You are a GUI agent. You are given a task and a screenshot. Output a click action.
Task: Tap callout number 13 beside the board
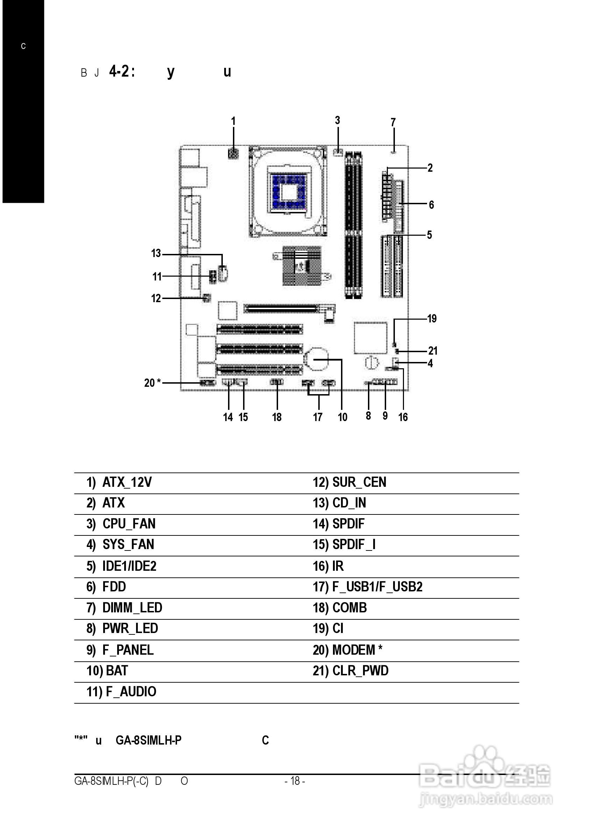pyautogui.click(x=156, y=253)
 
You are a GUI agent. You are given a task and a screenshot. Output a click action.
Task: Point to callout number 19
pyautogui.click(x=432, y=319)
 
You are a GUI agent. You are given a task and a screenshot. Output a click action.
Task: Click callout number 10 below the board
pyautogui.click(x=342, y=417)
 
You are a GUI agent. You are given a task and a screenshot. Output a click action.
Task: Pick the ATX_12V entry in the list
pyautogui.click(x=127, y=482)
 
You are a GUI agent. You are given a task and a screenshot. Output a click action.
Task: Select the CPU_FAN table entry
pyautogui.click(x=129, y=524)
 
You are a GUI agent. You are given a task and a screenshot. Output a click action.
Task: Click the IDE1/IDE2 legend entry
pyautogui.click(x=129, y=566)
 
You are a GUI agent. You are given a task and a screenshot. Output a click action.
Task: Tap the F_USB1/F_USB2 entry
pyautogui.click(x=377, y=586)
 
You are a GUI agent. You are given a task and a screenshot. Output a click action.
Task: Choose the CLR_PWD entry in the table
pyautogui.click(x=360, y=671)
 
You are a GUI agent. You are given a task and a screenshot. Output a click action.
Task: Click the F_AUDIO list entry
pyautogui.click(x=131, y=692)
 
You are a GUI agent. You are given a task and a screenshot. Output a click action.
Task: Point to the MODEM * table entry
pyautogui.click(x=357, y=649)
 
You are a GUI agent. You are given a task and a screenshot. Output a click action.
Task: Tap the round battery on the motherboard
pyautogui.click(x=317, y=358)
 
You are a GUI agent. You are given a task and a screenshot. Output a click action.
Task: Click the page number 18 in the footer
pyautogui.click(x=295, y=781)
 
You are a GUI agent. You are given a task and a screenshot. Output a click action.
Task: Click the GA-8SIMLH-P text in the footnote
pyautogui.click(x=148, y=740)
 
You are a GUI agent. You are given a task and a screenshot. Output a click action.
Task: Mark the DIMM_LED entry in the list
pyautogui.click(x=132, y=607)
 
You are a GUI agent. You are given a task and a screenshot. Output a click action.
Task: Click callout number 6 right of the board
pyautogui.click(x=431, y=205)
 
